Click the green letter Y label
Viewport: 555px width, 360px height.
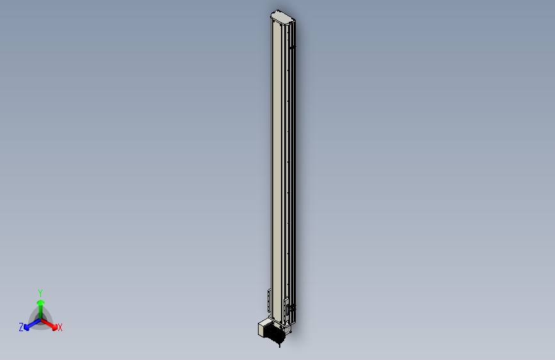[x=40, y=293]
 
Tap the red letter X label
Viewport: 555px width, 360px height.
[x=60, y=328]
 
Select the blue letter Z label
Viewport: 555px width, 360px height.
[x=21, y=327]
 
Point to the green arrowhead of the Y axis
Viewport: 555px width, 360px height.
[x=41, y=302]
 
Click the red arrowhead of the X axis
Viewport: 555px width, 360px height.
[x=54, y=327]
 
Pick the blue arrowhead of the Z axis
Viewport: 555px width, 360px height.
[x=26, y=328]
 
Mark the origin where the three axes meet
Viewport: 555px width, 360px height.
[x=41, y=320]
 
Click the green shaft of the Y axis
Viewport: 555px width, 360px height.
[x=41, y=312]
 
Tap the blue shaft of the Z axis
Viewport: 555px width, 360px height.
[x=34, y=323]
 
